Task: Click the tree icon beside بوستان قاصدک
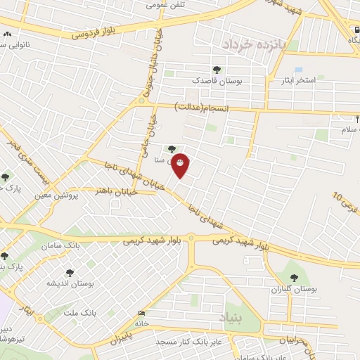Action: click(x=216, y=69)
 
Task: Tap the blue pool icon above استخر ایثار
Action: click(x=298, y=70)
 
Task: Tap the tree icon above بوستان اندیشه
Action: click(x=70, y=271)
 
